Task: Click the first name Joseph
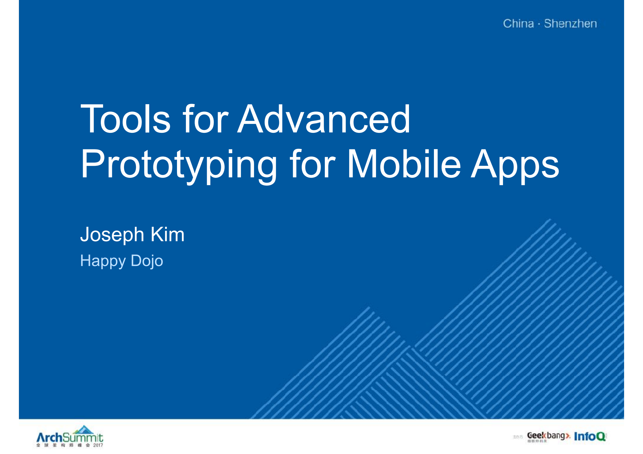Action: coord(112,235)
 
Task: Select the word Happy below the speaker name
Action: coord(103,261)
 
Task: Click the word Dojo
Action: coord(147,261)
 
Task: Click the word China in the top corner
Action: coord(518,24)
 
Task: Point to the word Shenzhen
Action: coord(570,24)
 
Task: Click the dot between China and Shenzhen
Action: coord(539,24)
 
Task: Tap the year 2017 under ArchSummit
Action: coord(98,445)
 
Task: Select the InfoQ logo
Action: coord(590,436)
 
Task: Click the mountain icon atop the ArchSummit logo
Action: coord(83,429)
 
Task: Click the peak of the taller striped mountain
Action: coord(550,220)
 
